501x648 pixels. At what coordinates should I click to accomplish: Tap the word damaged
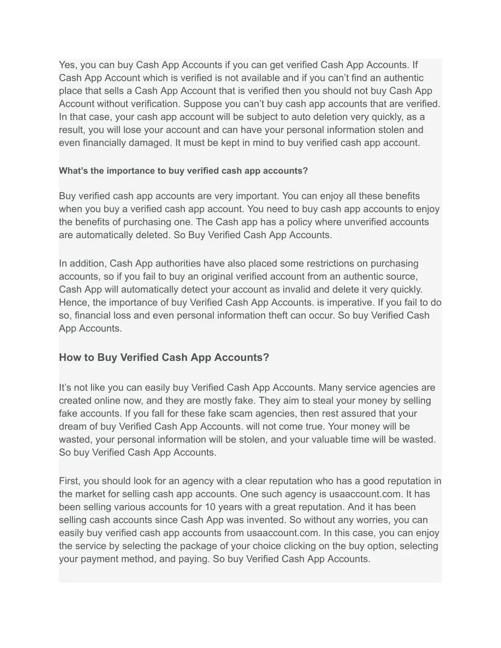click(146, 143)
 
